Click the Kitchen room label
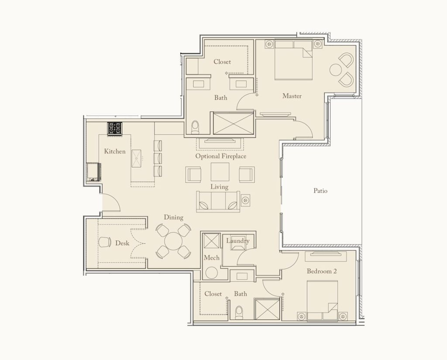pos(115,151)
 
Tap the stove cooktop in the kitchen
pos(116,129)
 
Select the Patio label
pos(320,191)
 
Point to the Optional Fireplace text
pos(220,156)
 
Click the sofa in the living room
pos(218,202)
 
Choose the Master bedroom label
pos(292,96)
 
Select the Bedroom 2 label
pos(322,271)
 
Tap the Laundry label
pos(237,241)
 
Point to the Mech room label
pos(211,258)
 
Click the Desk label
pos(122,243)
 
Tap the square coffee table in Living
pos(220,172)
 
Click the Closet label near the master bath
pos(222,62)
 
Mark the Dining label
pos(173,217)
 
